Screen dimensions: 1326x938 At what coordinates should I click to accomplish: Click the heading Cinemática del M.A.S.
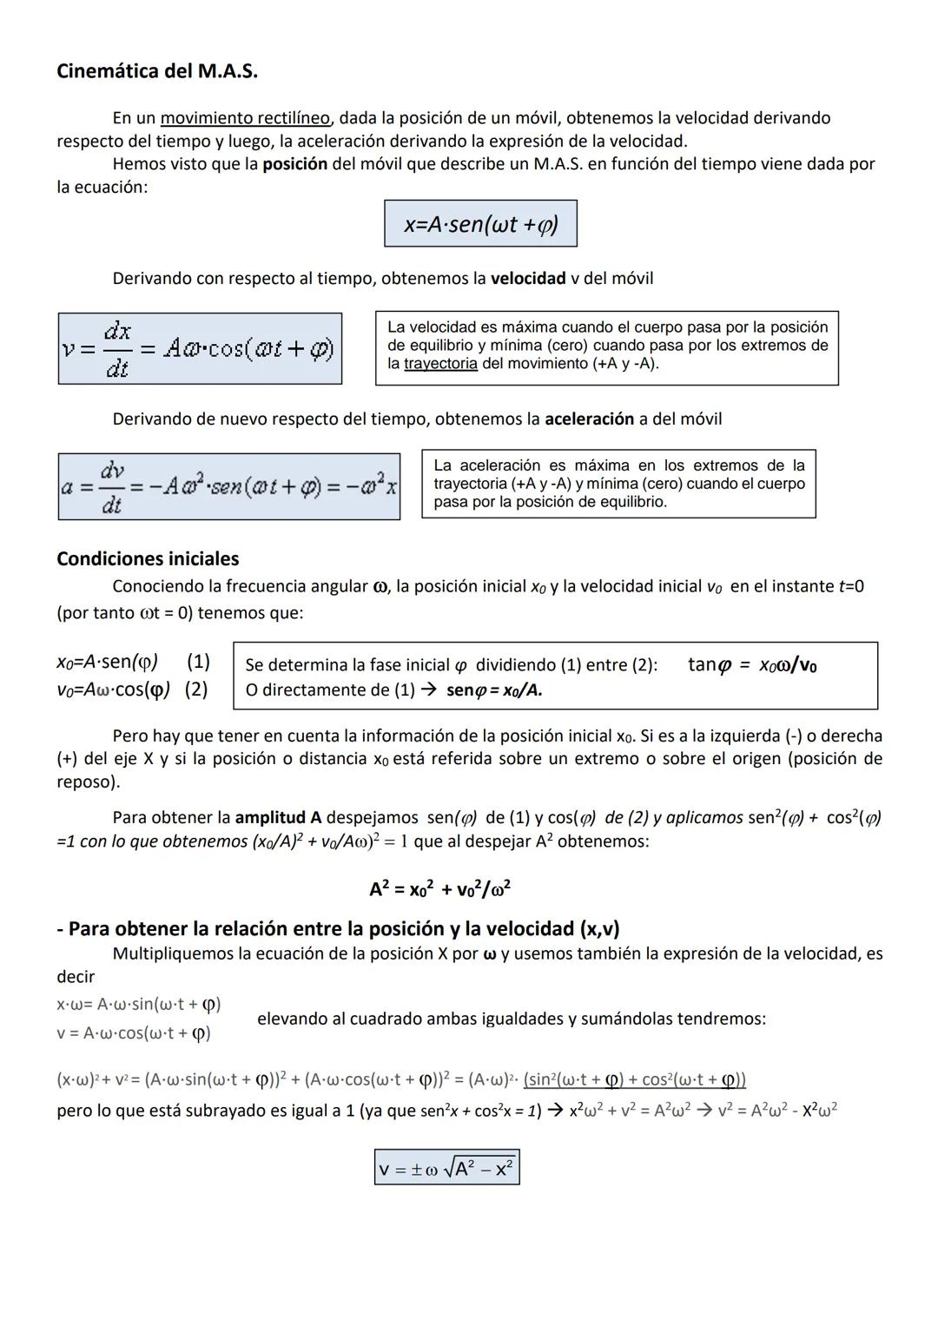(x=157, y=71)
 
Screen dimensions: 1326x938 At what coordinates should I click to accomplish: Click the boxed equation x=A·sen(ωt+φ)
(x=480, y=224)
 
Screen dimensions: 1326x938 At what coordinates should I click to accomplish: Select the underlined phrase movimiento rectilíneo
(x=245, y=118)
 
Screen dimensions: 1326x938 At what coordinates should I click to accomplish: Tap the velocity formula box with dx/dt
(x=200, y=349)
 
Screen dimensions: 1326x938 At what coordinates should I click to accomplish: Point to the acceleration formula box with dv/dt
(x=229, y=487)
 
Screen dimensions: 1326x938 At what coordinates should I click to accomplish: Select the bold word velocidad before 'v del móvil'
(x=528, y=279)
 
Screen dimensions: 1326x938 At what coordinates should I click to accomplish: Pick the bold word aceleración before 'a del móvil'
(x=589, y=419)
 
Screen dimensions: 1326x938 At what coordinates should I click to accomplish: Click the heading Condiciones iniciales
(x=148, y=559)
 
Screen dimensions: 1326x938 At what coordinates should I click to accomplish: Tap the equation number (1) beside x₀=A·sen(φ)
(x=198, y=662)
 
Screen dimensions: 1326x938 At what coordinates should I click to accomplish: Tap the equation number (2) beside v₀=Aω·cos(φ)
(x=196, y=689)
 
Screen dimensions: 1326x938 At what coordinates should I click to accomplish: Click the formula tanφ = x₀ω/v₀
(x=751, y=665)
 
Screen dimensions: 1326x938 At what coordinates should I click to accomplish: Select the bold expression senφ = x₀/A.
(x=494, y=690)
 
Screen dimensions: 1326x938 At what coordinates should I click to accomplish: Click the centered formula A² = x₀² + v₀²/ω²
(x=439, y=889)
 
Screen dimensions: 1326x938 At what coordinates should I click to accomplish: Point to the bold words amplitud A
(x=278, y=818)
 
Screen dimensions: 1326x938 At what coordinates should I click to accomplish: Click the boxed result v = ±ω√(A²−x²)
(x=446, y=1168)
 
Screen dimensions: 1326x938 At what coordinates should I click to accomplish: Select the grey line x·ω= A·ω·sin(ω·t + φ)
(x=139, y=1005)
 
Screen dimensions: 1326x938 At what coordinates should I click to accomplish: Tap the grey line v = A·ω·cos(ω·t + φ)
(x=134, y=1033)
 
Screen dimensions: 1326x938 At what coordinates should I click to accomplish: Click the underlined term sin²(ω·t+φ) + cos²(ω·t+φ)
(x=635, y=1080)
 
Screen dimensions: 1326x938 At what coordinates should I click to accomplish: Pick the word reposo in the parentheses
(x=85, y=782)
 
